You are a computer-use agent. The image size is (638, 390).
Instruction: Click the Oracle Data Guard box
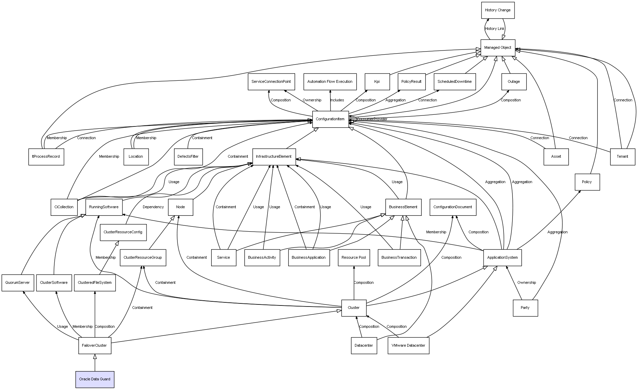click(95, 379)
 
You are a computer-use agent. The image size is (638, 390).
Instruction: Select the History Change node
click(498, 10)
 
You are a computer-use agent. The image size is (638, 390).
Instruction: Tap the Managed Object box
click(498, 47)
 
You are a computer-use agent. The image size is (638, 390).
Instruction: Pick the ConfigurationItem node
click(330, 119)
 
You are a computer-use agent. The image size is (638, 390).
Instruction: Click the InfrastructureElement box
click(274, 157)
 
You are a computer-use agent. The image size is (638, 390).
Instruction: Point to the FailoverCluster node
click(95, 346)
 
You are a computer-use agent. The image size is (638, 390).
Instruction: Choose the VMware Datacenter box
click(408, 346)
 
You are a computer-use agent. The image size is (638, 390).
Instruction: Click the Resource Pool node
click(354, 258)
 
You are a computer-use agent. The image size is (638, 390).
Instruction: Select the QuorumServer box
click(18, 283)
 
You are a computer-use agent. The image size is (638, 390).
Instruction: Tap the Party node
click(525, 308)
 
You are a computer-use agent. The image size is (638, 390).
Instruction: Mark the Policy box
click(587, 182)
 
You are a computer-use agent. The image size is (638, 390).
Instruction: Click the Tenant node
click(623, 157)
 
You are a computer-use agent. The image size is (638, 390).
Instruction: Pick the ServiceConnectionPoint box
click(271, 82)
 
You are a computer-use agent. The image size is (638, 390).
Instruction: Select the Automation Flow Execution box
click(330, 82)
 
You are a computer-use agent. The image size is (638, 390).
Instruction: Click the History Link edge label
click(495, 29)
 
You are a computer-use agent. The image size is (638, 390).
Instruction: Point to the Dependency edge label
click(153, 207)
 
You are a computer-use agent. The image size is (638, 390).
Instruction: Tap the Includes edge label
click(337, 100)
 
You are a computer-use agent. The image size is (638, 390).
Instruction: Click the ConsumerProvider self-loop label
click(372, 119)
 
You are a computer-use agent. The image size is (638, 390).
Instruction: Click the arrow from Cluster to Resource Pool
click(354, 285)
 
